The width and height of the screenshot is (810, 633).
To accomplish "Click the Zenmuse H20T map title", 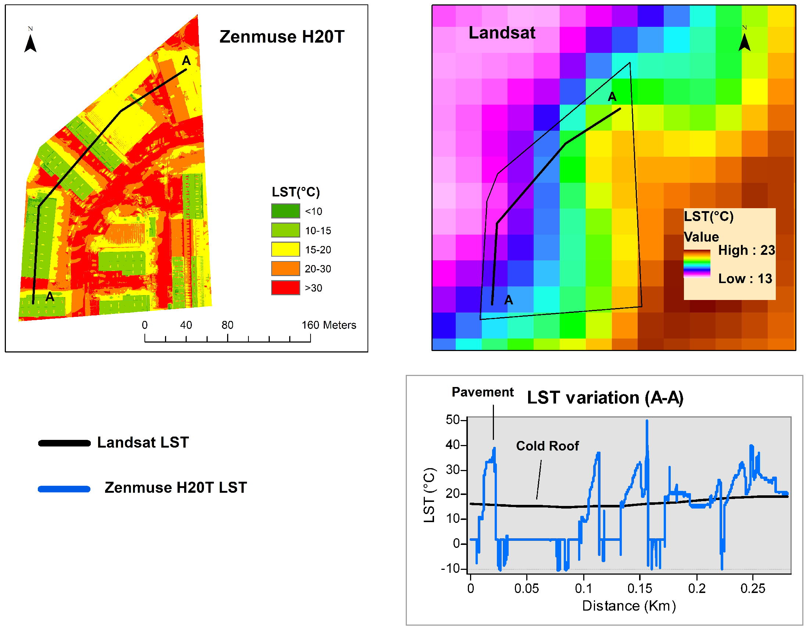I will pyautogui.click(x=282, y=37).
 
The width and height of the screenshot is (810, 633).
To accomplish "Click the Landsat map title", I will pyautogui.click(x=502, y=33).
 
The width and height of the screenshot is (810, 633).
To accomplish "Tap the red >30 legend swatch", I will pyautogui.click(x=285, y=288).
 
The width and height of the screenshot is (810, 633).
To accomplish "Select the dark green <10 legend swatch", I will pyautogui.click(x=285, y=211).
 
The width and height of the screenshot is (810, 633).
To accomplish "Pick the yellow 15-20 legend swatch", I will pyautogui.click(x=285, y=249).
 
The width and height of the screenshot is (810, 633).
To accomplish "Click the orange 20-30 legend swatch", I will pyautogui.click(x=285, y=269).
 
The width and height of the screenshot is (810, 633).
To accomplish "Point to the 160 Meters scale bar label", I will pyautogui.click(x=329, y=325).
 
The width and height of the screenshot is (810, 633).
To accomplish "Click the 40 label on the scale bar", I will pyautogui.click(x=186, y=325).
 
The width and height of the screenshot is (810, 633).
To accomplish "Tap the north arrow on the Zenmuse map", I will pyautogui.click(x=31, y=42).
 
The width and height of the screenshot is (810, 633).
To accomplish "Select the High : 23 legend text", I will pyautogui.click(x=746, y=250).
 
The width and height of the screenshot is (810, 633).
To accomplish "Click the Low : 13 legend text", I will pyautogui.click(x=745, y=279).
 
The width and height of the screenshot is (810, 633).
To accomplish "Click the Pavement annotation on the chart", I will pyautogui.click(x=482, y=392).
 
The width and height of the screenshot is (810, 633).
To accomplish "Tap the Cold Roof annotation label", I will pyautogui.click(x=547, y=446).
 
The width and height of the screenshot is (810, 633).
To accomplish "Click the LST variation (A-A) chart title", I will pyautogui.click(x=605, y=398).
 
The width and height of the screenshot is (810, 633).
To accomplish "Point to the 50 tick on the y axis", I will pyautogui.click(x=453, y=420).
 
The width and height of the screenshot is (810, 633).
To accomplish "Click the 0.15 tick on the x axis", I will pyautogui.click(x=639, y=589).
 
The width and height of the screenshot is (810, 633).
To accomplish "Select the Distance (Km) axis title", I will pyautogui.click(x=629, y=606).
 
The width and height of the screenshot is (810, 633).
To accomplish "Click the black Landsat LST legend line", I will pyautogui.click(x=65, y=443).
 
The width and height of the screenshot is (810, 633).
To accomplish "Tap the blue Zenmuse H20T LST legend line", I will pyautogui.click(x=65, y=489).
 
